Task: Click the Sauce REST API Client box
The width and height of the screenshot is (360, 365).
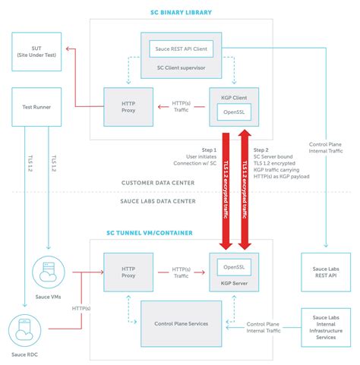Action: [x=181, y=49]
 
